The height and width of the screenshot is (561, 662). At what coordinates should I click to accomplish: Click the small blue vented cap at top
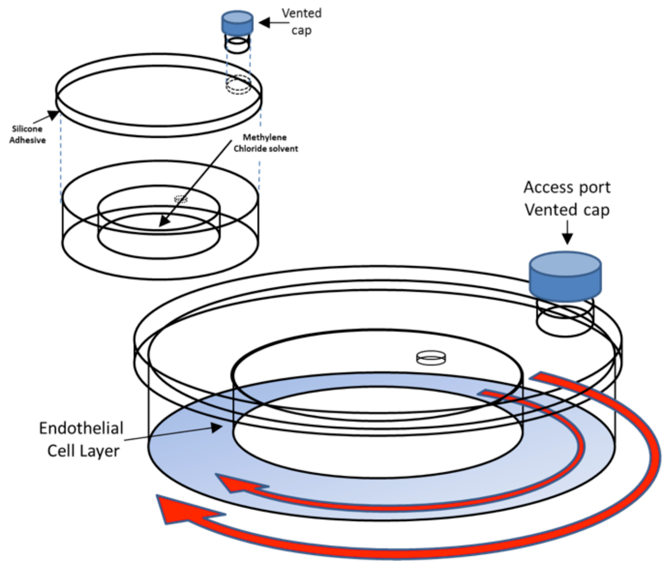237,22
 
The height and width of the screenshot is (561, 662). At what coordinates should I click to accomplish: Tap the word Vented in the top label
302,13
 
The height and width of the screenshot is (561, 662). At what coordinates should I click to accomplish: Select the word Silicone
27,129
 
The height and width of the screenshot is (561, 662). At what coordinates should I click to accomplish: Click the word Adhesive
27,140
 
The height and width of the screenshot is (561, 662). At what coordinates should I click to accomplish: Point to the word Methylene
265,137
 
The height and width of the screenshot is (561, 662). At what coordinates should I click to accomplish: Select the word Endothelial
81,428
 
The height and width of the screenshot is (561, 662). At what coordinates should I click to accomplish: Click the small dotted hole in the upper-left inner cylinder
181,199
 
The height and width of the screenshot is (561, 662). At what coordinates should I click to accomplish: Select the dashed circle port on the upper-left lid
238,85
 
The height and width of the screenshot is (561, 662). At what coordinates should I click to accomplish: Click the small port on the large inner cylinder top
431,357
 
